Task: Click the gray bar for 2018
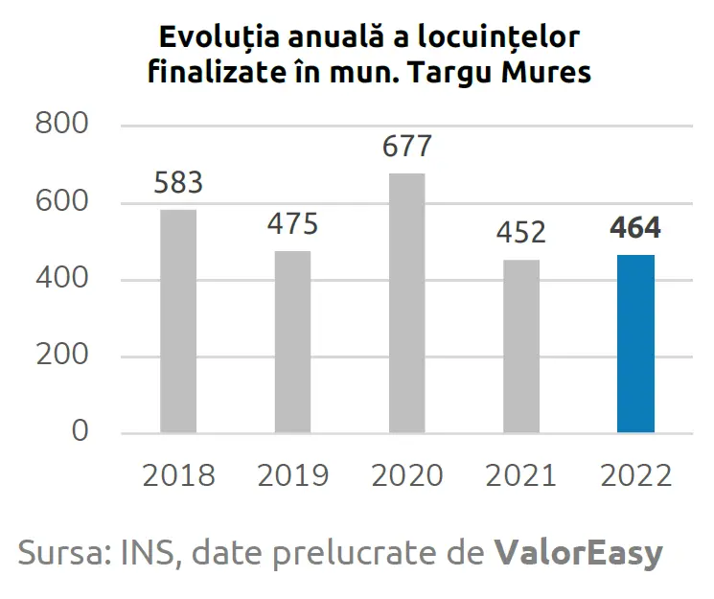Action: point(178,321)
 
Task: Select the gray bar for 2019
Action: point(292,341)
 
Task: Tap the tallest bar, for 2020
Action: point(406,303)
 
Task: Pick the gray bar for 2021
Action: point(521,346)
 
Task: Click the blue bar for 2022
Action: point(635,343)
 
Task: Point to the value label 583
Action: point(178,183)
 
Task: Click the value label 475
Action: point(292,224)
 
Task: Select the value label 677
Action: point(406,147)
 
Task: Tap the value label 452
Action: point(521,233)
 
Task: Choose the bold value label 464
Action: point(635,229)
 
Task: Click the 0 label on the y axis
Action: point(80,432)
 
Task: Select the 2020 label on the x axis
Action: point(406,475)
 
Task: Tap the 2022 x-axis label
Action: point(635,475)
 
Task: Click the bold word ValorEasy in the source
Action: point(579,553)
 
